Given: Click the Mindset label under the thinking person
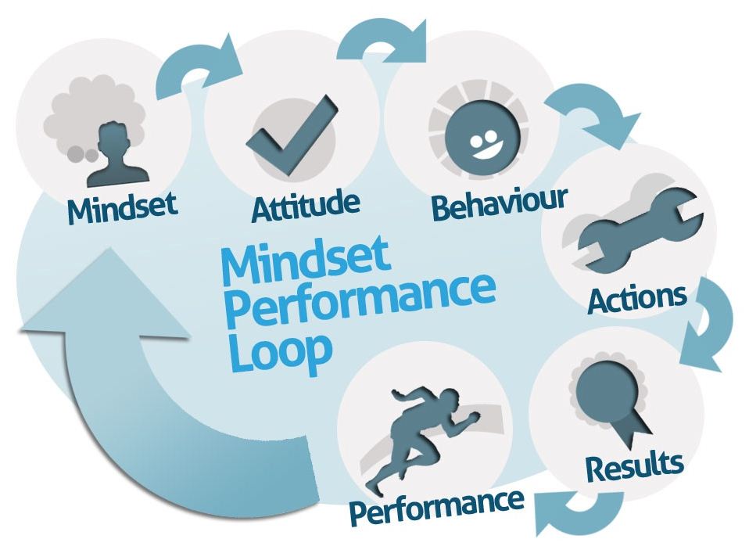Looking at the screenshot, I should click(122, 207).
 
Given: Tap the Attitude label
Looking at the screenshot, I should click(306, 207).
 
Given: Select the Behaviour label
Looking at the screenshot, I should click(499, 205).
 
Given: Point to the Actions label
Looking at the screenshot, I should click(637, 298).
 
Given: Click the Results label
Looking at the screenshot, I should click(634, 467).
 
